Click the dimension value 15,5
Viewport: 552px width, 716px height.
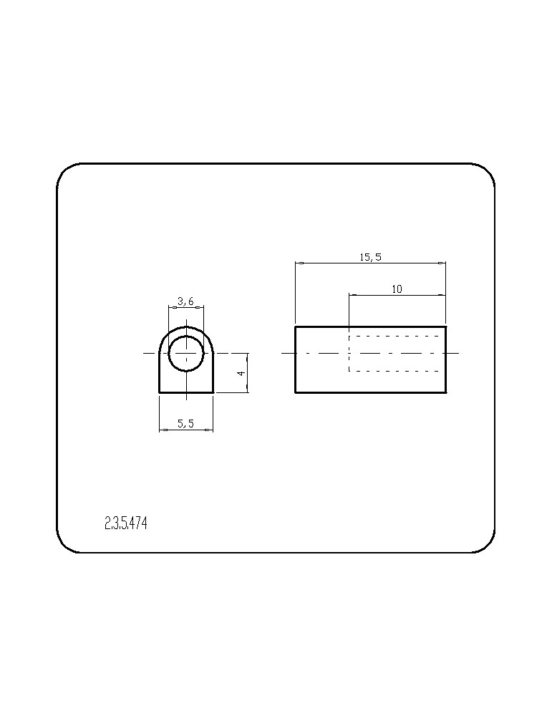click(370, 257)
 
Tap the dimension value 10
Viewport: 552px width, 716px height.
click(397, 289)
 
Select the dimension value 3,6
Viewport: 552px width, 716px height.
click(186, 301)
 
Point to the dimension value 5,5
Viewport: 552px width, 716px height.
click(186, 424)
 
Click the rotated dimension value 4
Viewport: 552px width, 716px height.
click(241, 372)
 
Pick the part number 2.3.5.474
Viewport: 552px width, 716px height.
click(126, 523)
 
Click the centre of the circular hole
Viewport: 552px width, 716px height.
click(186, 353)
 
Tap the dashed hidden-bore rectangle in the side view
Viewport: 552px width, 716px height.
click(349, 354)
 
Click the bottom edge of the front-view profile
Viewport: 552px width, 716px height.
click(186, 392)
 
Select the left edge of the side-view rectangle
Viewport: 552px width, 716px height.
click(296, 359)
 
